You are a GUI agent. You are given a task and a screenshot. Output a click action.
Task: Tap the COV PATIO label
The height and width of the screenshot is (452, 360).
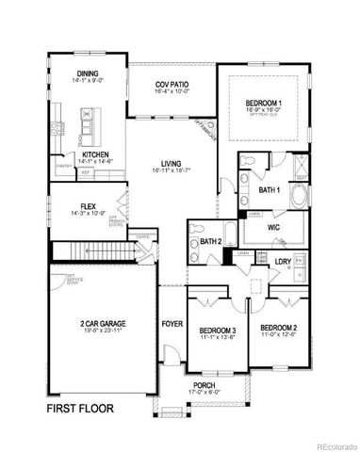pyautogui.click(x=172, y=86)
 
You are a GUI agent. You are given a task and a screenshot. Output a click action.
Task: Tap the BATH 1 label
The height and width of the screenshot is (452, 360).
pyautogui.click(x=268, y=190)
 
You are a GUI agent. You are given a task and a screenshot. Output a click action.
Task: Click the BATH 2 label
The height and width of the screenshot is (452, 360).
pyautogui.click(x=210, y=242)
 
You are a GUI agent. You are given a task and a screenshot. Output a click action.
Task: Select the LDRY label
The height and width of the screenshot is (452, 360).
pyautogui.click(x=281, y=261)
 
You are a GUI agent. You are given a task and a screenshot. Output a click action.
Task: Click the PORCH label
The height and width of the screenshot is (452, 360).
pyautogui.click(x=204, y=384)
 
